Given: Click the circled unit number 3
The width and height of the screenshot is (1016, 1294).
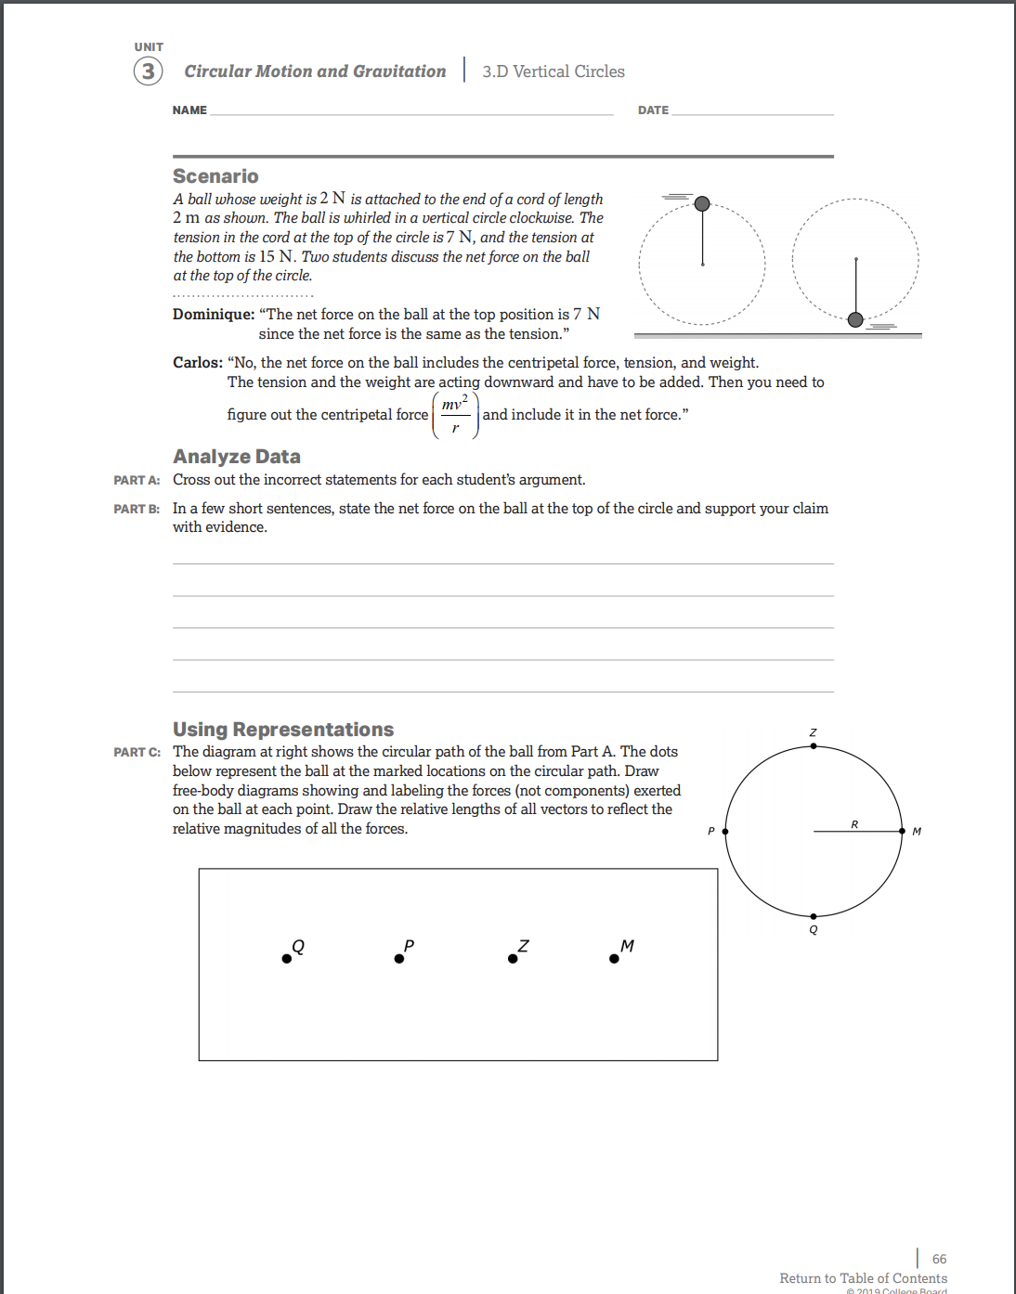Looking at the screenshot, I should click(148, 71).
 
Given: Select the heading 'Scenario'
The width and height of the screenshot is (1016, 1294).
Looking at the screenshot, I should click(215, 176).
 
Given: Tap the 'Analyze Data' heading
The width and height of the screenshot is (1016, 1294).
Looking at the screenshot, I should click(237, 457).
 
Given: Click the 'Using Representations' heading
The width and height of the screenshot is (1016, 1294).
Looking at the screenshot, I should click(283, 730).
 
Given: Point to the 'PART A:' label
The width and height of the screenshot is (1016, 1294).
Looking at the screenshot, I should click(137, 480).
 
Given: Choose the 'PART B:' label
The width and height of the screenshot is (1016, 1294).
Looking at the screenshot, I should click(137, 509).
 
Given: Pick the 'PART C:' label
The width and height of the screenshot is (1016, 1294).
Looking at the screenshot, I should click(137, 752).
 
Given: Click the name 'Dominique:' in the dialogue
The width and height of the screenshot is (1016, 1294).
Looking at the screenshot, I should click(214, 315).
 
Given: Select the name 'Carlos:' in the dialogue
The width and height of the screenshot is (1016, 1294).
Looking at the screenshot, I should click(198, 363).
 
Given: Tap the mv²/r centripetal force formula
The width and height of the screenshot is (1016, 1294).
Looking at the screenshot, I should click(455, 415).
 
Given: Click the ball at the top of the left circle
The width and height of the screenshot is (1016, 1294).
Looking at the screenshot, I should click(702, 203).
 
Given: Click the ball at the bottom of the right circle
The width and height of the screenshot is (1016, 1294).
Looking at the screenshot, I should click(855, 319).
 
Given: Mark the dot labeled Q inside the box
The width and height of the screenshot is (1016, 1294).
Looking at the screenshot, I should click(287, 959).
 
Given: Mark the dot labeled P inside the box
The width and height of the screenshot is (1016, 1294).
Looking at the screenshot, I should click(399, 959).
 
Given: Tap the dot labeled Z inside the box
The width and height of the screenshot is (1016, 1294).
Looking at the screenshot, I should click(513, 959).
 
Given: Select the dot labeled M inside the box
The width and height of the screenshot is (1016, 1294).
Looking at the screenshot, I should click(614, 959).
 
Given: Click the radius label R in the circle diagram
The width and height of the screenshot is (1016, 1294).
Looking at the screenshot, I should click(854, 824).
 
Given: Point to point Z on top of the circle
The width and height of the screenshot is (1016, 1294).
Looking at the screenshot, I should click(814, 745).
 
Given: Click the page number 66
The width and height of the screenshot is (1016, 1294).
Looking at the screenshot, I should click(939, 1259).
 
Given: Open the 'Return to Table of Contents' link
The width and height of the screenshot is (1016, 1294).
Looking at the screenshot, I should click(863, 1278).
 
